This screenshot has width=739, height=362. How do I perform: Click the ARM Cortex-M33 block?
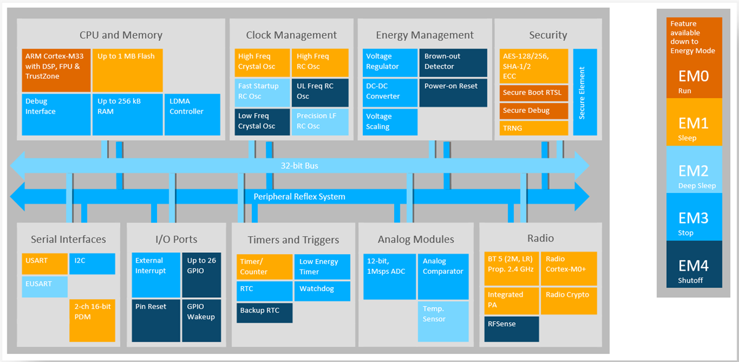[56, 70]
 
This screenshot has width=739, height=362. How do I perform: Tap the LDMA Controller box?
[192, 114]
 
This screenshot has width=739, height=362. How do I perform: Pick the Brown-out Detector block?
[446, 62]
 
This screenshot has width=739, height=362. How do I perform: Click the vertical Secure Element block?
[584, 92]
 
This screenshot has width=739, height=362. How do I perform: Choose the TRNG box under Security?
[533, 128]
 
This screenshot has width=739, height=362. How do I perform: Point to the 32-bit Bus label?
[299, 166]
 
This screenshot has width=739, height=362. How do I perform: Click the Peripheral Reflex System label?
[299, 197]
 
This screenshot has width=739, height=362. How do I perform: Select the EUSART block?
[44, 285]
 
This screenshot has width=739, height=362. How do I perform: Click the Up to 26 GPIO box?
[201, 274]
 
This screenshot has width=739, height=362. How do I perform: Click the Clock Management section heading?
[291, 35]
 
